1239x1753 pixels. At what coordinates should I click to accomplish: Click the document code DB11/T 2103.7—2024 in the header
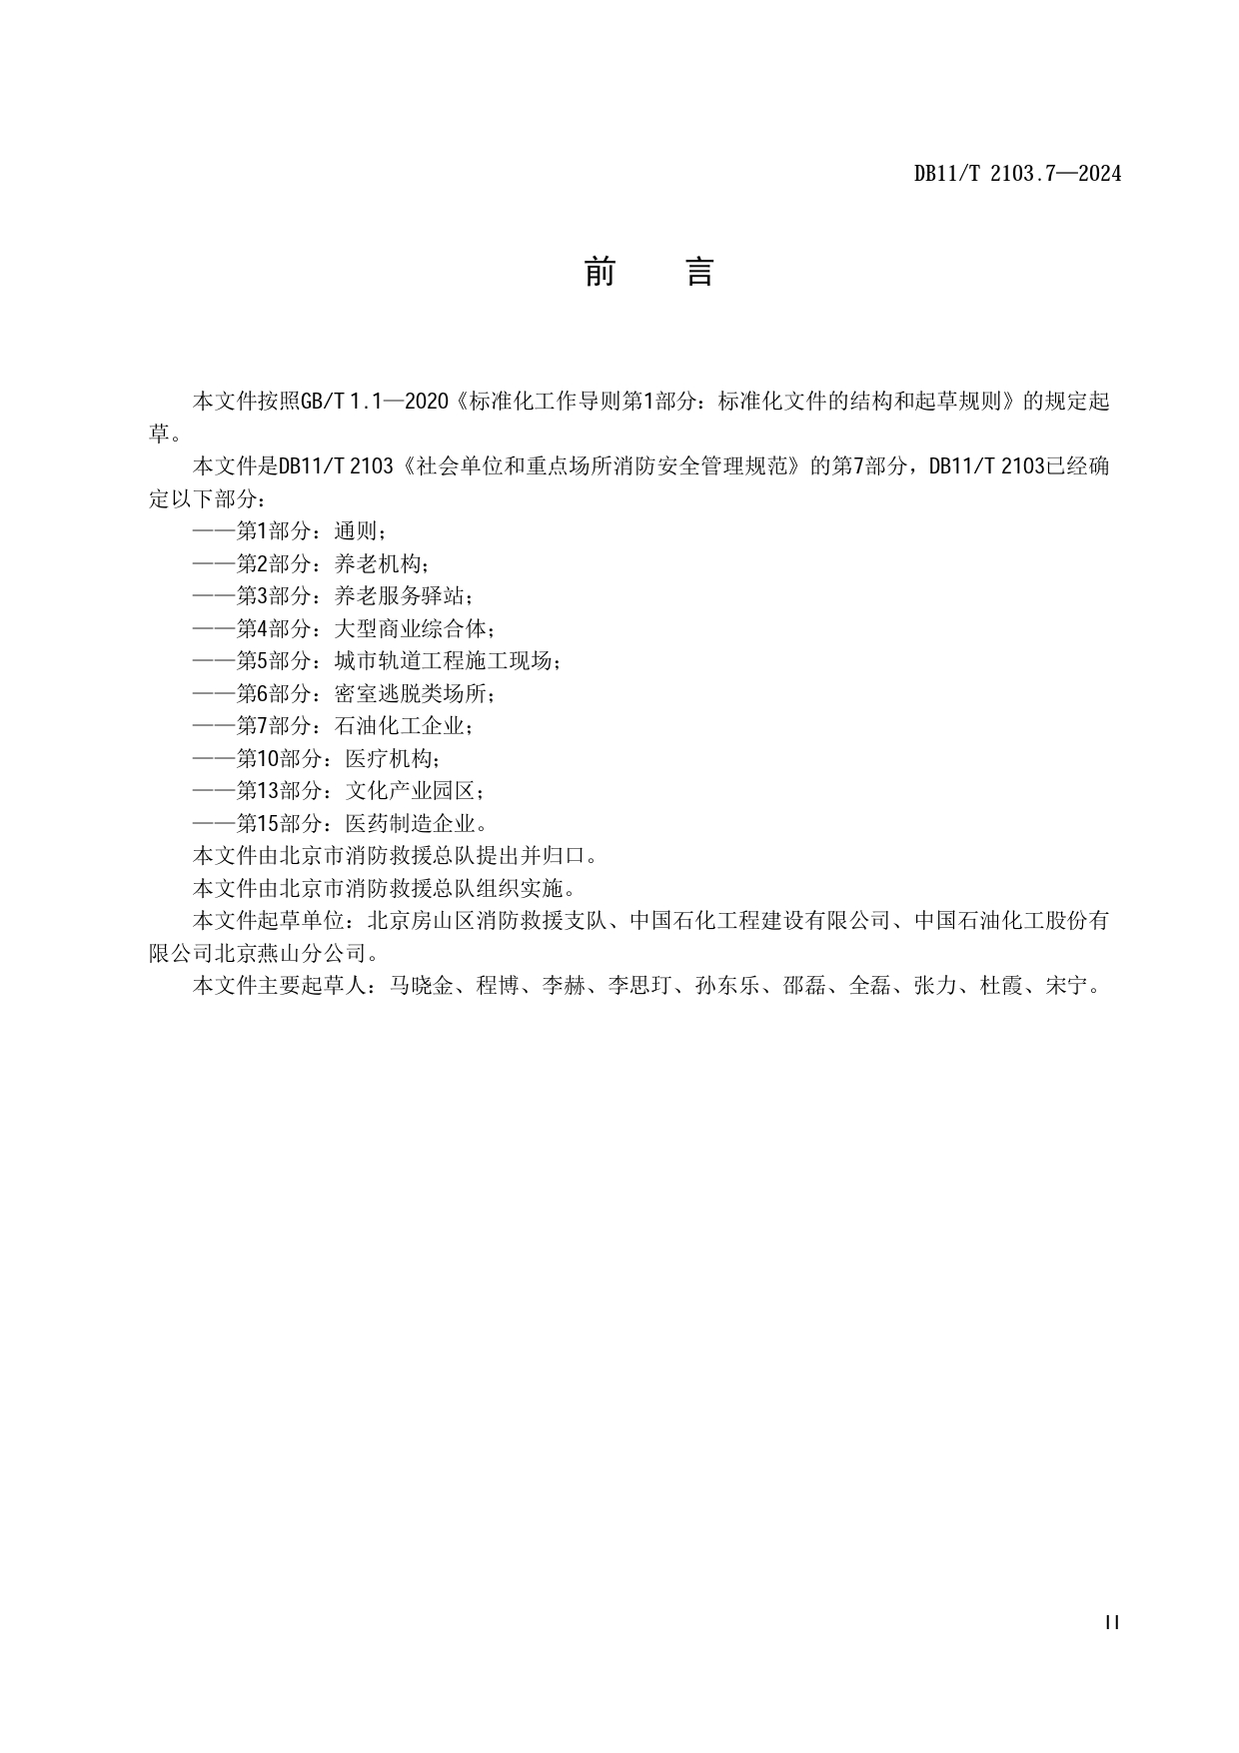point(1017,174)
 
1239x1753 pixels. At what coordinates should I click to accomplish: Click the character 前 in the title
point(600,272)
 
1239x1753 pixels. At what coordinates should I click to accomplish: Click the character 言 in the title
point(699,272)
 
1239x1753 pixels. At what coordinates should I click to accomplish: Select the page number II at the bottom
point(1112,1623)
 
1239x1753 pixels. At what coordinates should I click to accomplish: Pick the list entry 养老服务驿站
point(400,596)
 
